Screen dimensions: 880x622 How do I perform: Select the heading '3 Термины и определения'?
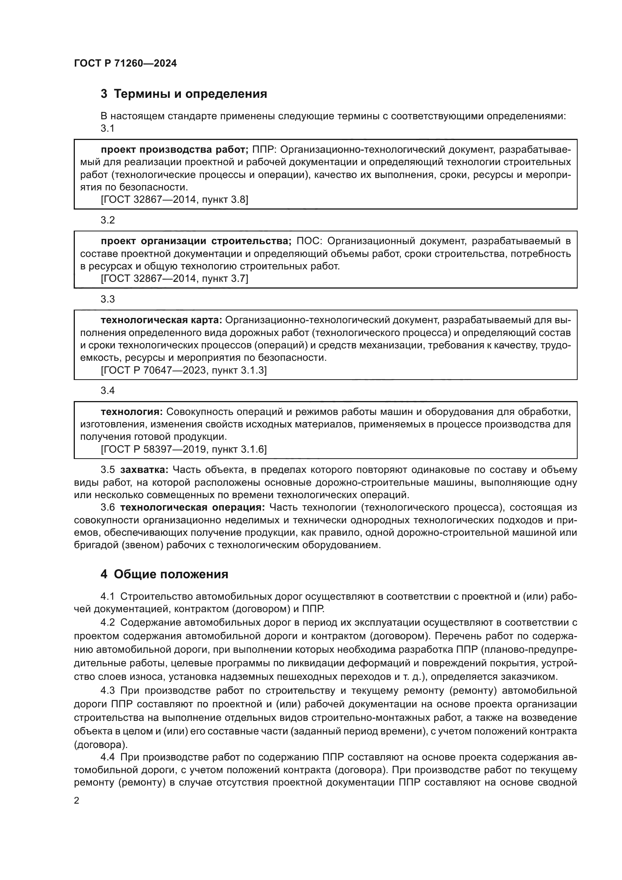pos(184,94)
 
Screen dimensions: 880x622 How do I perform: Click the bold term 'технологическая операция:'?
pos(192,508)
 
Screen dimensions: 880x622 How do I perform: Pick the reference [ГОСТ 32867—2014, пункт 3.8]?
pos(174,199)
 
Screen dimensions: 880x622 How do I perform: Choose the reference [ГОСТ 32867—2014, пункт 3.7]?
pos(174,279)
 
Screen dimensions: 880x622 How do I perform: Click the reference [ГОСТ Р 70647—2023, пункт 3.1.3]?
pos(184,370)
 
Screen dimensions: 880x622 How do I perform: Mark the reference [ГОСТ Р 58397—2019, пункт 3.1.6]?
pos(184,449)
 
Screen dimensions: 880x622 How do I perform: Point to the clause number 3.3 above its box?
pos(108,299)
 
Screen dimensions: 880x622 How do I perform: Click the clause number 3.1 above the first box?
pos(108,128)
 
